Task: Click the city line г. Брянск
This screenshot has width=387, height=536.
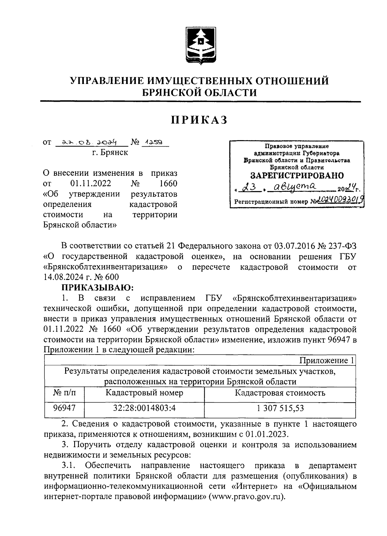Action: pyautogui.click(x=110, y=152)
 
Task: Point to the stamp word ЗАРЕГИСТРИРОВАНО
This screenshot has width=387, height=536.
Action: pyautogui.click(x=297, y=176)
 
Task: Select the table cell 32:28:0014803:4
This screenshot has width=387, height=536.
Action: pyautogui.click(x=144, y=408)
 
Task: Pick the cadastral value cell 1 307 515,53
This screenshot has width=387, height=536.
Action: pyautogui.click(x=280, y=408)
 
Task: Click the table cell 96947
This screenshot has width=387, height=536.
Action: pyautogui.click(x=64, y=408)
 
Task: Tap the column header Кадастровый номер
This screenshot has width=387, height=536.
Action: pyautogui.click(x=144, y=393)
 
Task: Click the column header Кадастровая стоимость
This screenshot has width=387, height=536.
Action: pyautogui.click(x=280, y=393)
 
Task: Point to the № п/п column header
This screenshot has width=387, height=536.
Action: pyautogui.click(x=64, y=393)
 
